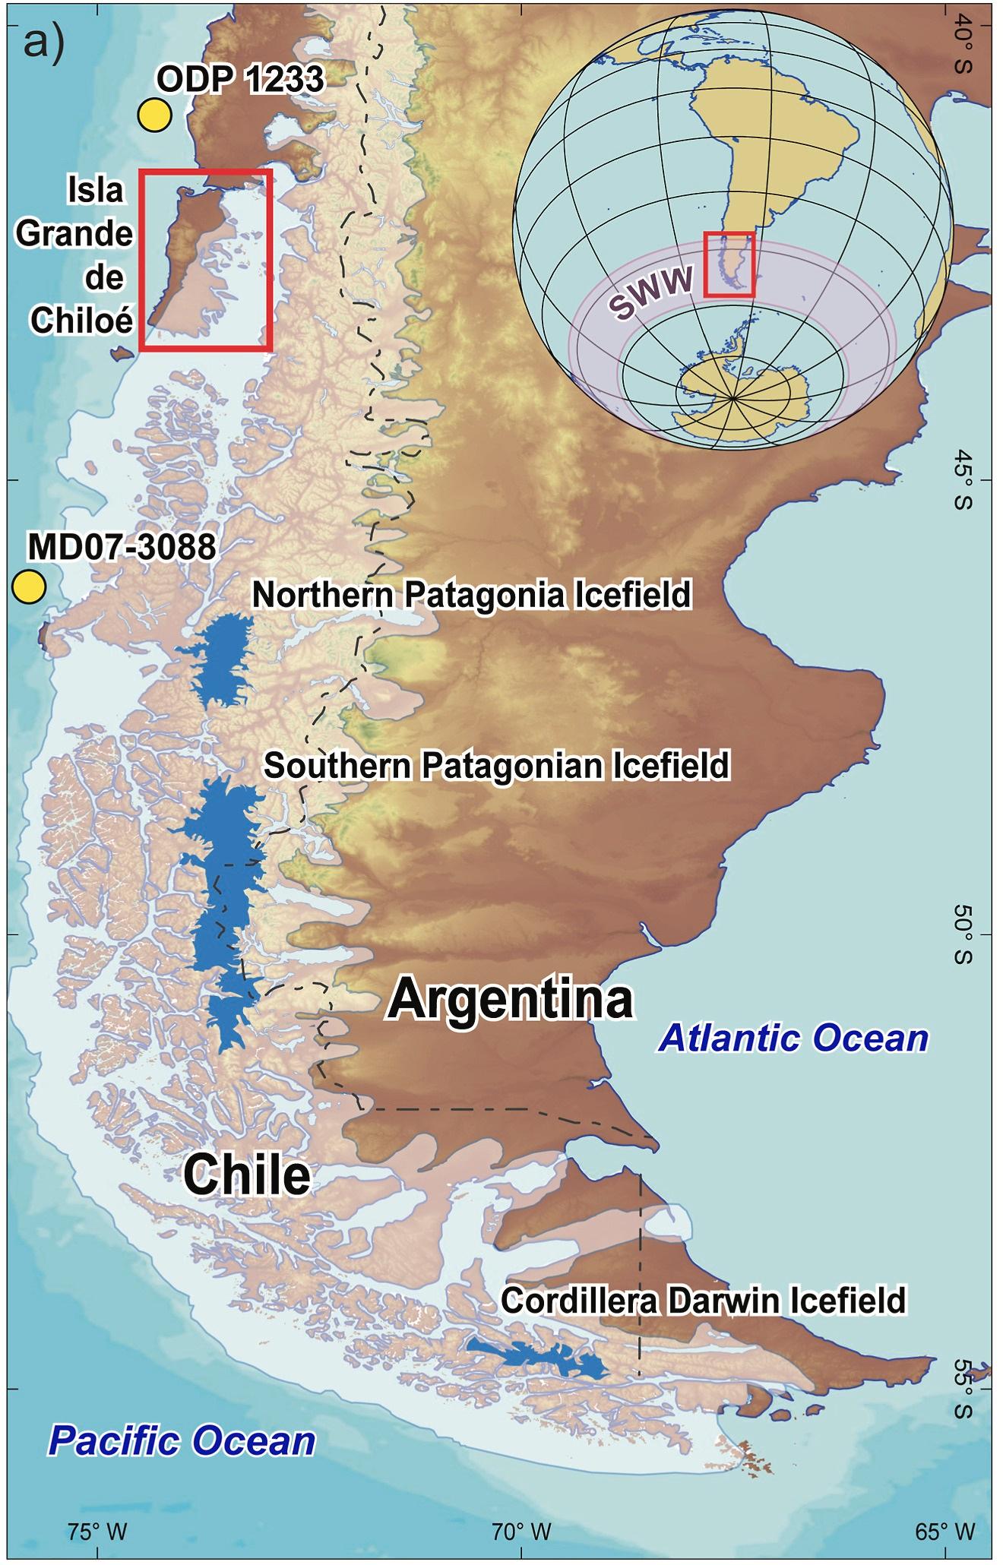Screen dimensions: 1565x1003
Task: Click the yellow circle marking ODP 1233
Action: tap(154, 115)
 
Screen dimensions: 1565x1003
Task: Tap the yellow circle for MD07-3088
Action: tap(29, 587)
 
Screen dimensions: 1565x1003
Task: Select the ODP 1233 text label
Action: tap(240, 79)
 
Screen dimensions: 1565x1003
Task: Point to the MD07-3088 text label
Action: tap(122, 547)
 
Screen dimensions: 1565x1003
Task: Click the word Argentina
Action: tap(510, 998)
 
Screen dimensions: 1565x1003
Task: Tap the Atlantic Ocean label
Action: tap(793, 1038)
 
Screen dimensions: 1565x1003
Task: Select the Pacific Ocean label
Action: tap(182, 1440)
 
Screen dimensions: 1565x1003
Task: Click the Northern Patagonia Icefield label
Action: tap(471, 595)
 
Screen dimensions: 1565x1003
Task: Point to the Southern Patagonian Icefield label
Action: tap(496, 765)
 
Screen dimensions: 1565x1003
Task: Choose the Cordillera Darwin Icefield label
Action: tap(703, 1300)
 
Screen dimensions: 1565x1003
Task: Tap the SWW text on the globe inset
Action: tap(652, 292)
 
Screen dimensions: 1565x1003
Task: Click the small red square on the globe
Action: tap(729, 264)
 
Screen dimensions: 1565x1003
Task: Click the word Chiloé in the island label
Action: tap(82, 321)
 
